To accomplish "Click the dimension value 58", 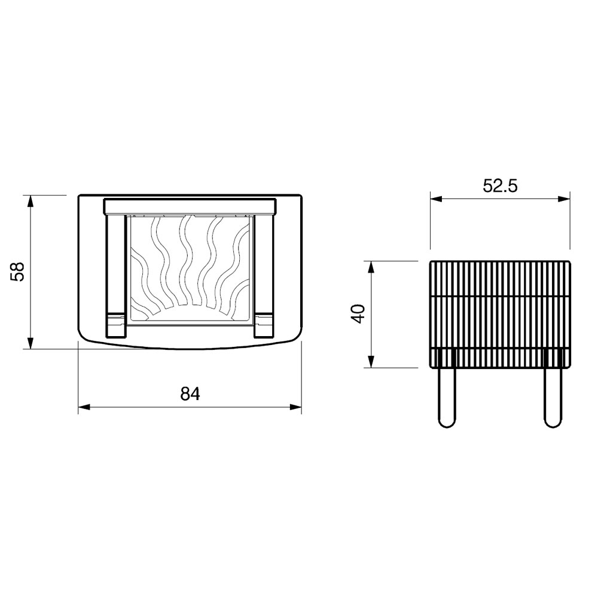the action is point(18,271).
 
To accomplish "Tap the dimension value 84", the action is point(190,394).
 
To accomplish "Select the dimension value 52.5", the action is point(500,186).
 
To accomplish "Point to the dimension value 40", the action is point(359,314).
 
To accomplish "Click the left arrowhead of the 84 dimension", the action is point(84,407).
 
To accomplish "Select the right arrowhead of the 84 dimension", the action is point(295,407).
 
